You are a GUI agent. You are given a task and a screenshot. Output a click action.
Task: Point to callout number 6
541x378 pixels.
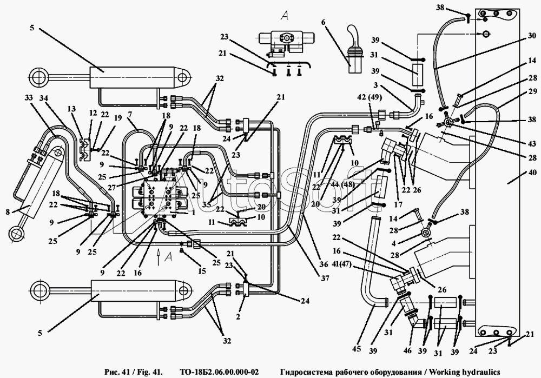324,22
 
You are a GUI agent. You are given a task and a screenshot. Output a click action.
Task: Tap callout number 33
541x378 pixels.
28,97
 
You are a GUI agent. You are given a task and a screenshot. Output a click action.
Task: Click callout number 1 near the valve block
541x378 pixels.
194,213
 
